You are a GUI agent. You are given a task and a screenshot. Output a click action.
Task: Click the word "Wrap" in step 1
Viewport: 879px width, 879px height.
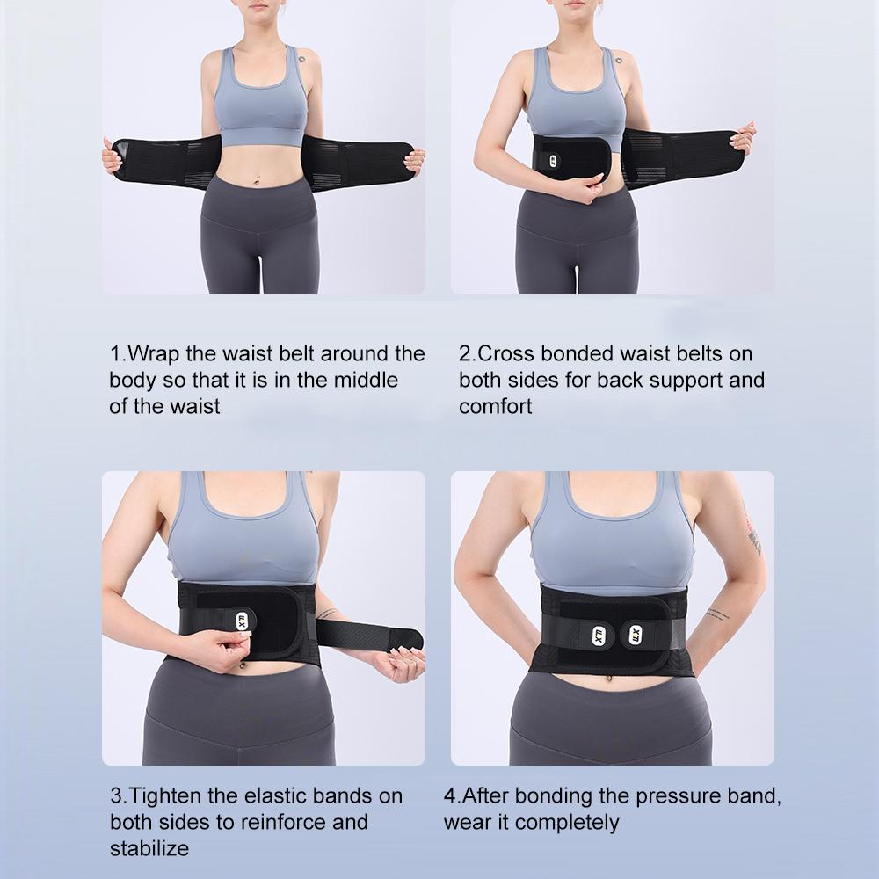tap(156, 354)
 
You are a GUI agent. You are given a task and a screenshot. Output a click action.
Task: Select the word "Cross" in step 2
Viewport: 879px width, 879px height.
tap(507, 354)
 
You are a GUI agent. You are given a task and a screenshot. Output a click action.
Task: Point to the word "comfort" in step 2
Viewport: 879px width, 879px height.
tap(495, 407)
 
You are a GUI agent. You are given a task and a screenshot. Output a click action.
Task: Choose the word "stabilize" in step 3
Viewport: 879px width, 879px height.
tap(149, 849)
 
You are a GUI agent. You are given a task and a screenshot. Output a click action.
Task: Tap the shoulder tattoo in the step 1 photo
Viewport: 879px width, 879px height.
tap(301, 61)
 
